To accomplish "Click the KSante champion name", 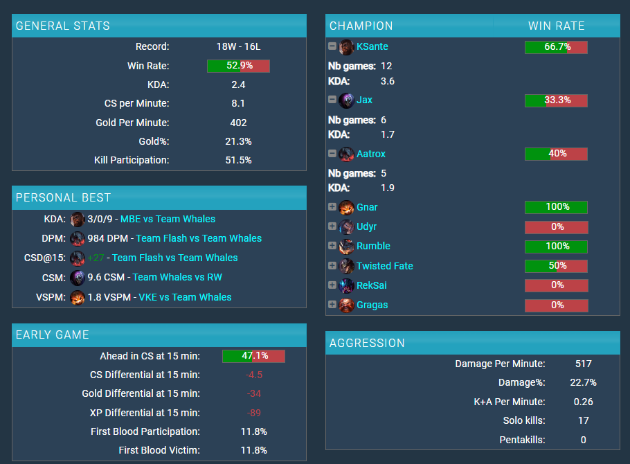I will click(x=372, y=47).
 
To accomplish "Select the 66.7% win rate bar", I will click(x=556, y=47).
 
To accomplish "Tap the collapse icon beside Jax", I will click(x=332, y=100).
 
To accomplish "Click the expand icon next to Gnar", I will click(x=332, y=207).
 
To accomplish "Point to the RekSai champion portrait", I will click(x=347, y=285).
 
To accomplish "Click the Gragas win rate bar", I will click(x=556, y=305).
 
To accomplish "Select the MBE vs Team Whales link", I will click(x=168, y=219).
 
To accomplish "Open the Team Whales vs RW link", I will click(x=177, y=277).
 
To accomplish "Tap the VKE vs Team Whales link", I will click(x=185, y=297).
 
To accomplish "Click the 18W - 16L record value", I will click(x=238, y=47).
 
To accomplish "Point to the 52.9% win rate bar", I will click(x=238, y=66).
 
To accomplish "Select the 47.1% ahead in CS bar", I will click(x=253, y=356).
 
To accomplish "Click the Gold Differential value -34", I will click(x=254, y=393).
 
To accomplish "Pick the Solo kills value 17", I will click(x=583, y=420).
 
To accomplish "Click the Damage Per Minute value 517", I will click(x=583, y=364).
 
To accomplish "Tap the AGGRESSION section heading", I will click(x=367, y=343).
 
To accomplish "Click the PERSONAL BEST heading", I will click(x=63, y=198).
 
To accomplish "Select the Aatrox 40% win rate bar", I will click(x=556, y=154).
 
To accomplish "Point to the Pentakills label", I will click(x=522, y=440).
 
